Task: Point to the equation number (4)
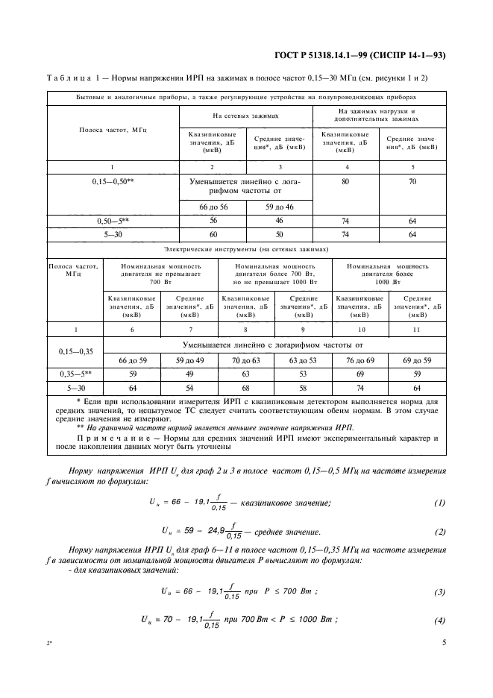tap(439, 620)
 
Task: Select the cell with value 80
tap(345, 182)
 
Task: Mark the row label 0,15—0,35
tap(75, 352)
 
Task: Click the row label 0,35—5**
tap(75, 374)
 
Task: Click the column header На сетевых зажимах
tap(245, 116)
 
